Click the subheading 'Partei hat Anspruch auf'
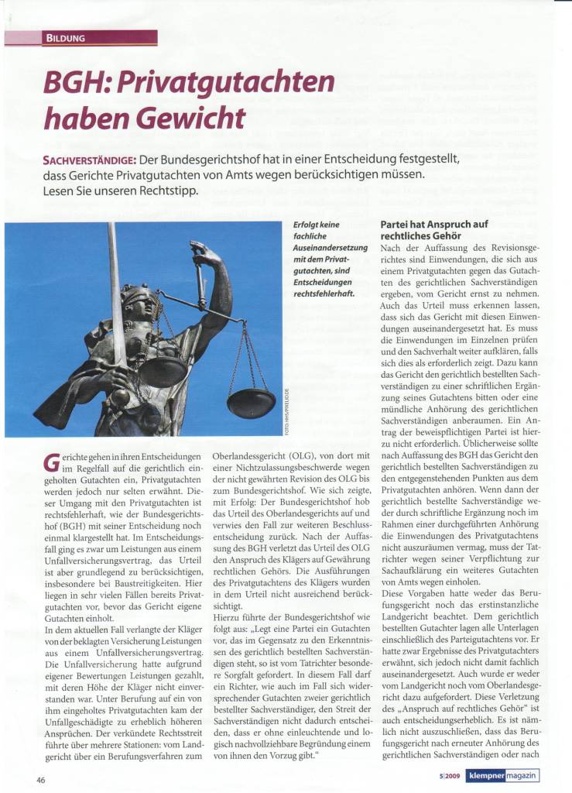433,225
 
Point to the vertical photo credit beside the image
286,414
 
